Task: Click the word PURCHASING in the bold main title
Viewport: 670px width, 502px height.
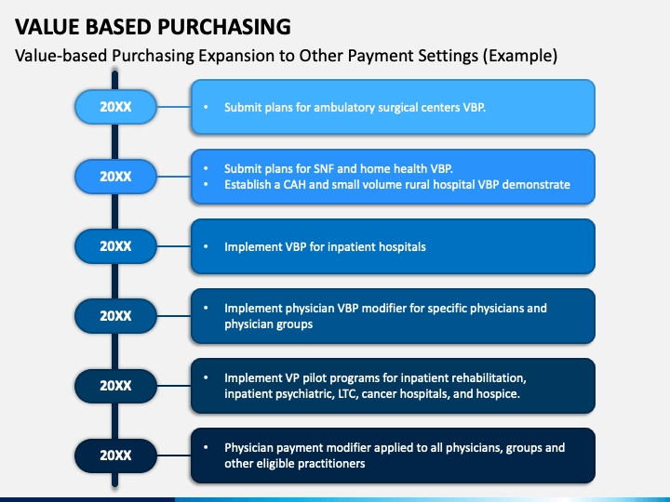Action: (224, 26)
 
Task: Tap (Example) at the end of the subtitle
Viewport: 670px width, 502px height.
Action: (520, 56)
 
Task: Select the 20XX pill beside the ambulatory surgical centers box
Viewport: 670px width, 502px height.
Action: (115, 107)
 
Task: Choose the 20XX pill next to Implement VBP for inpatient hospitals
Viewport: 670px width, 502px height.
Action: (115, 246)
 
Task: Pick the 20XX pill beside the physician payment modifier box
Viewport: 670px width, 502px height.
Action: (115, 456)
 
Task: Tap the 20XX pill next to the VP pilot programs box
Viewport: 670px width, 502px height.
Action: (115, 386)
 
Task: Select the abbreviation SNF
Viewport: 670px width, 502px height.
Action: (324, 169)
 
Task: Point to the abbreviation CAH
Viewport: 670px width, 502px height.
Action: (295, 184)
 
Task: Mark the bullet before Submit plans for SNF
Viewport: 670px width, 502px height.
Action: (206, 168)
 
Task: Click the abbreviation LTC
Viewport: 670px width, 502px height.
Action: (348, 393)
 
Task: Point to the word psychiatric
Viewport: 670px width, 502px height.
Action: (304, 394)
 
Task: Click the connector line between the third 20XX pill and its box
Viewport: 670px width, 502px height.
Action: (173, 246)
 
